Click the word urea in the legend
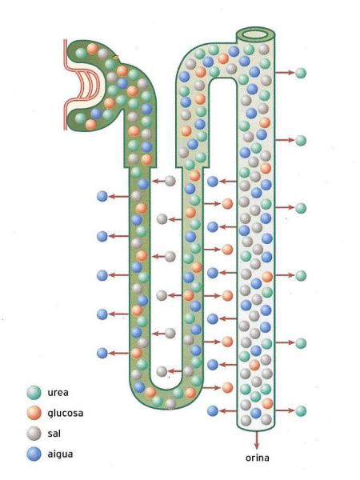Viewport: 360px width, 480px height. (58, 393)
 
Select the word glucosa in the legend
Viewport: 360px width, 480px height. (66, 414)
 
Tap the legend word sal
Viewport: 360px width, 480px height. (54, 434)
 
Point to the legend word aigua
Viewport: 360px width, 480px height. (60, 454)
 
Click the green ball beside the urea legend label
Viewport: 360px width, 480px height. (34, 393)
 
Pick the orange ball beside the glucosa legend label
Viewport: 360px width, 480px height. (34, 414)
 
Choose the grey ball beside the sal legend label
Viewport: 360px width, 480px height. (34, 434)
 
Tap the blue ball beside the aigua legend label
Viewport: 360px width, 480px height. (34, 454)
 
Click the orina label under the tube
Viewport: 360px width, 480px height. (258, 458)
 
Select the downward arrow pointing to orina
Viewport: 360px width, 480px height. (257, 440)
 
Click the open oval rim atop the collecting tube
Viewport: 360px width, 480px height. (256, 34)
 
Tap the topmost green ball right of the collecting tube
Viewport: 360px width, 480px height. (301, 73)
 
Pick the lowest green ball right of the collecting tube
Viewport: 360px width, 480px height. (301, 411)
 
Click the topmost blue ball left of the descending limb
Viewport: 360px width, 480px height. (102, 196)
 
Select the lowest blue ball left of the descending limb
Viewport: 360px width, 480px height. (102, 353)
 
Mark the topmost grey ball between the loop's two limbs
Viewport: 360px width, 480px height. (170, 181)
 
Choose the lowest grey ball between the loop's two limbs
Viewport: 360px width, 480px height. (162, 372)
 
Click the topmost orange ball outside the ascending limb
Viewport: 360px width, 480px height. (227, 203)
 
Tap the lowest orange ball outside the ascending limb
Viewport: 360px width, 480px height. (227, 387)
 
